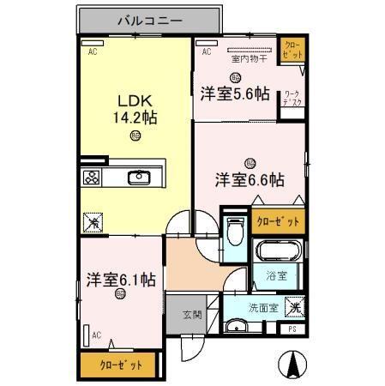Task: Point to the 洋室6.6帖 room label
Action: pos(250,179)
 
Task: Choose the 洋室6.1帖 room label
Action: pos(120,279)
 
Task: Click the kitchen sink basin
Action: pos(139,178)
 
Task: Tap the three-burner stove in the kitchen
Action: pos(92,178)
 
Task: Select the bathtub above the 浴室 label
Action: pos(278,252)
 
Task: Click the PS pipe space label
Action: pos(292,329)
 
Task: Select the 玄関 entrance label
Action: pos(191,315)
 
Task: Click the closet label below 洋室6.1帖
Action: pos(121,364)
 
